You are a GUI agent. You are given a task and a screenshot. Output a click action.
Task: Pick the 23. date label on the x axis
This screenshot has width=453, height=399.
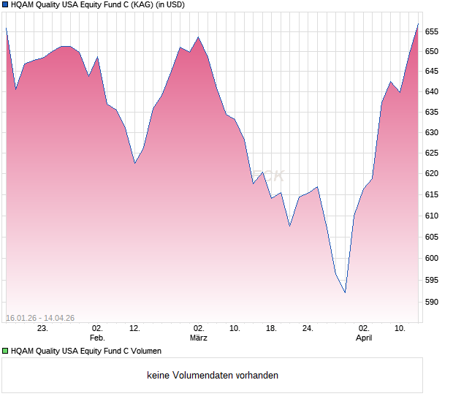(42, 329)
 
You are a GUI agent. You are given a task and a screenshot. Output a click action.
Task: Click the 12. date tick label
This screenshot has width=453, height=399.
(134, 329)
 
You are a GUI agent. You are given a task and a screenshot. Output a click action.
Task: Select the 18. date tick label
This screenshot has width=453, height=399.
(271, 329)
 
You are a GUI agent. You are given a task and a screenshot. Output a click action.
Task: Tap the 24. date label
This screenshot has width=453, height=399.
(308, 329)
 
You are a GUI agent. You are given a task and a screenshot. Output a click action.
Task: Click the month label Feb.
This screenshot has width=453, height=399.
(97, 338)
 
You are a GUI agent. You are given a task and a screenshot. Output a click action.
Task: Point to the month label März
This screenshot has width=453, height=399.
(198, 338)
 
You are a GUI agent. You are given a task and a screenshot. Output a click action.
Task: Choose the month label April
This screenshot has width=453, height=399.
(364, 338)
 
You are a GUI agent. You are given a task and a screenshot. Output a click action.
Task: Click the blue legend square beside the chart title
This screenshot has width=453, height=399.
(6, 4)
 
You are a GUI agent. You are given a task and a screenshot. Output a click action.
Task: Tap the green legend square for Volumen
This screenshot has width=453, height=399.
(6, 351)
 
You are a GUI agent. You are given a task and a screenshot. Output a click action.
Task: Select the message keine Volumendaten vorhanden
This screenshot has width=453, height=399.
(213, 376)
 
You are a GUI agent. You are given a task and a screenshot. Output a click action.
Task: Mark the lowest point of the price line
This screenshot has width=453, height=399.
(345, 293)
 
